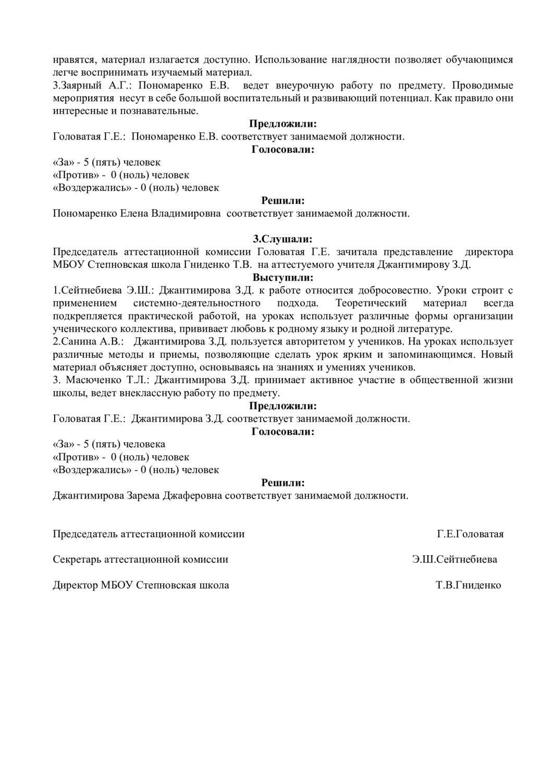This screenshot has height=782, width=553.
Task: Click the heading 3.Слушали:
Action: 282,239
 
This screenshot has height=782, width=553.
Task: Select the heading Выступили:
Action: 282,277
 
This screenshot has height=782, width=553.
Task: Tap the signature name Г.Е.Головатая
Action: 470,534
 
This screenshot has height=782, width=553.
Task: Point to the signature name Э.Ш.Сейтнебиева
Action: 454,559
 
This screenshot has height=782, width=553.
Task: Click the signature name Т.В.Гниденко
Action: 469,585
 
